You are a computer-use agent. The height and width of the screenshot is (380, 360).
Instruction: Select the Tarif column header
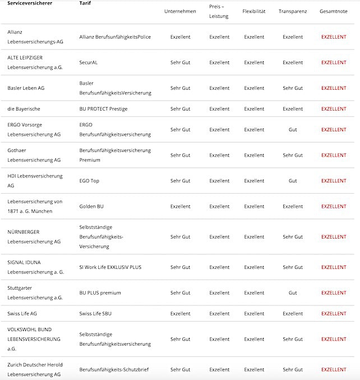tap(85, 3)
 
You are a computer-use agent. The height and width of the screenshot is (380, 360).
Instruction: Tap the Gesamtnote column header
tap(334, 11)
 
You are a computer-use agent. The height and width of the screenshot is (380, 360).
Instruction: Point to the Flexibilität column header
tap(254, 11)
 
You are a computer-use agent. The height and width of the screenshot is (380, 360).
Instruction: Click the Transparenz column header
tap(293, 11)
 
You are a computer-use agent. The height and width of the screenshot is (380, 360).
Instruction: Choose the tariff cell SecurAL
tap(89, 62)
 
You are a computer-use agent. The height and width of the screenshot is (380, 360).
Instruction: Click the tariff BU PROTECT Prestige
tap(103, 109)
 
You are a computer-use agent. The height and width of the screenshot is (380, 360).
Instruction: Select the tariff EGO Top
tap(90, 181)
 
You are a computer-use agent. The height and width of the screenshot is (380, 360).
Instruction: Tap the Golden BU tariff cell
tap(91, 207)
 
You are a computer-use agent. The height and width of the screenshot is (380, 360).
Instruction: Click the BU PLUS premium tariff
tap(100, 293)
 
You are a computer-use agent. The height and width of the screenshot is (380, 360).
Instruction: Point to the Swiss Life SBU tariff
tap(95, 314)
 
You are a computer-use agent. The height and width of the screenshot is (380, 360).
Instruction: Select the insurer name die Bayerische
tap(24, 109)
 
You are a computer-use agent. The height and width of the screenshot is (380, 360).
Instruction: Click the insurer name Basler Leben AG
tap(26, 88)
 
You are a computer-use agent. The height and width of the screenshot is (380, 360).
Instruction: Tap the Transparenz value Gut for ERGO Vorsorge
tap(293, 130)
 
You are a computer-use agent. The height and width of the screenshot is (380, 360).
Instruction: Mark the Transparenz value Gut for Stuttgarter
tap(293, 293)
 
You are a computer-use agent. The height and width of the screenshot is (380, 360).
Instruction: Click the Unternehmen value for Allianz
tap(180, 37)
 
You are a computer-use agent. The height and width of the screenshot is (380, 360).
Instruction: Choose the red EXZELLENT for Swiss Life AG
tap(334, 314)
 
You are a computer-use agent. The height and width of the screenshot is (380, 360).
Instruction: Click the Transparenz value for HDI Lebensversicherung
tap(293, 181)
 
